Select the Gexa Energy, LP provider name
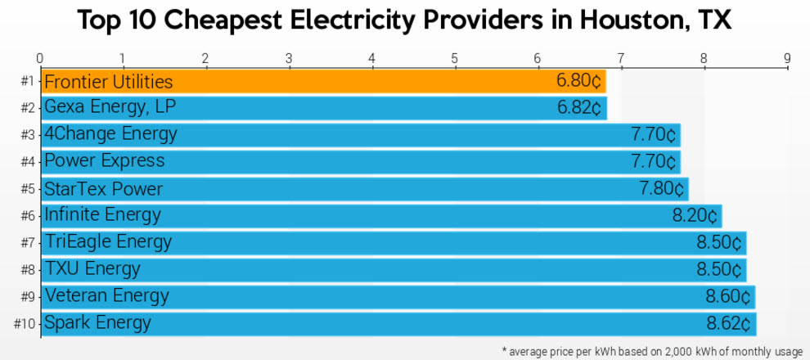coord(110,107)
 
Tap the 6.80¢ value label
coord(578,82)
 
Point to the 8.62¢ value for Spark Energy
coord(728,322)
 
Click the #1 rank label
coord(27,82)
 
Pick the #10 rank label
coord(25,323)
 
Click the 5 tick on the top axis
coord(454,58)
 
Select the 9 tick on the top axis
coord(786,58)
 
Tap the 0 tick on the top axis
coord(40,58)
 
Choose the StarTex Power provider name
coord(103,189)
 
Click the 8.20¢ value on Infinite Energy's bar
coord(695,216)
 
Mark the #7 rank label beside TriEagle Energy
coord(27,243)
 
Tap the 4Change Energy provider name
coord(110,134)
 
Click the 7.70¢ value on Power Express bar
coord(654,161)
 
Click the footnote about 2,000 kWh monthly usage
coord(652,351)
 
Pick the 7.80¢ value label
coord(662,189)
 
